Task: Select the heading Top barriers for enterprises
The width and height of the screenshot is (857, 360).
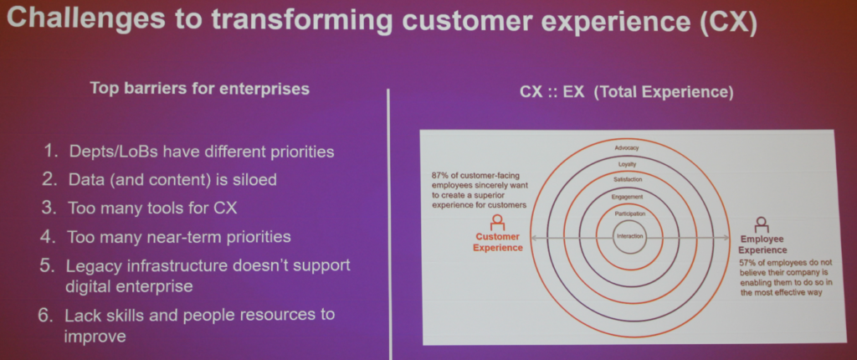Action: [199, 89]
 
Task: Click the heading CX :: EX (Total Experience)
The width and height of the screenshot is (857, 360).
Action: [626, 92]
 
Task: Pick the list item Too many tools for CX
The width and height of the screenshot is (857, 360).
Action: [152, 208]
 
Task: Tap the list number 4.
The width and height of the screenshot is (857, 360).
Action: [48, 237]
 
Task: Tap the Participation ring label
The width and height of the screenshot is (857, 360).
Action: [629, 214]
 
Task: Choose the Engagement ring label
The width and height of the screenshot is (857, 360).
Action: [629, 197]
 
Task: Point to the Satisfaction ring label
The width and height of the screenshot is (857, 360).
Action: [628, 179]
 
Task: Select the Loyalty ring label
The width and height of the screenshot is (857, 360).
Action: [627, 163]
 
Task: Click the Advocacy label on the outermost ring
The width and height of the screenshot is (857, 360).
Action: [626, 147]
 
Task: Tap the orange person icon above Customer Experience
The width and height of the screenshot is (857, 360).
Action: [497, 222]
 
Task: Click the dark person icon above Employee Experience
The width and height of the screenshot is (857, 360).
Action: [762, 225]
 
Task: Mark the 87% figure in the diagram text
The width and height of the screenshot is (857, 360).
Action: [440, 176]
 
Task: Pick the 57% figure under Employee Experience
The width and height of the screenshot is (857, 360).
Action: [747, 262]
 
